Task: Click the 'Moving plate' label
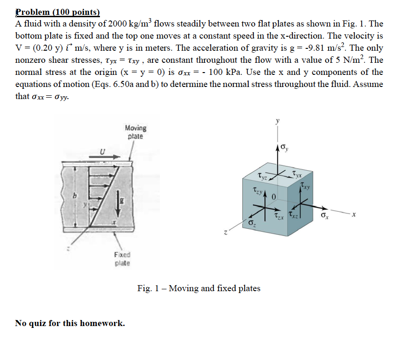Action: [x=135, y=132]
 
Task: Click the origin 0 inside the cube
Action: [x=274, y=197]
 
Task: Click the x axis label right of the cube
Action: [x=354, y=214]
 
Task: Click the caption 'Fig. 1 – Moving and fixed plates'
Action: [x=199, y=288]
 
